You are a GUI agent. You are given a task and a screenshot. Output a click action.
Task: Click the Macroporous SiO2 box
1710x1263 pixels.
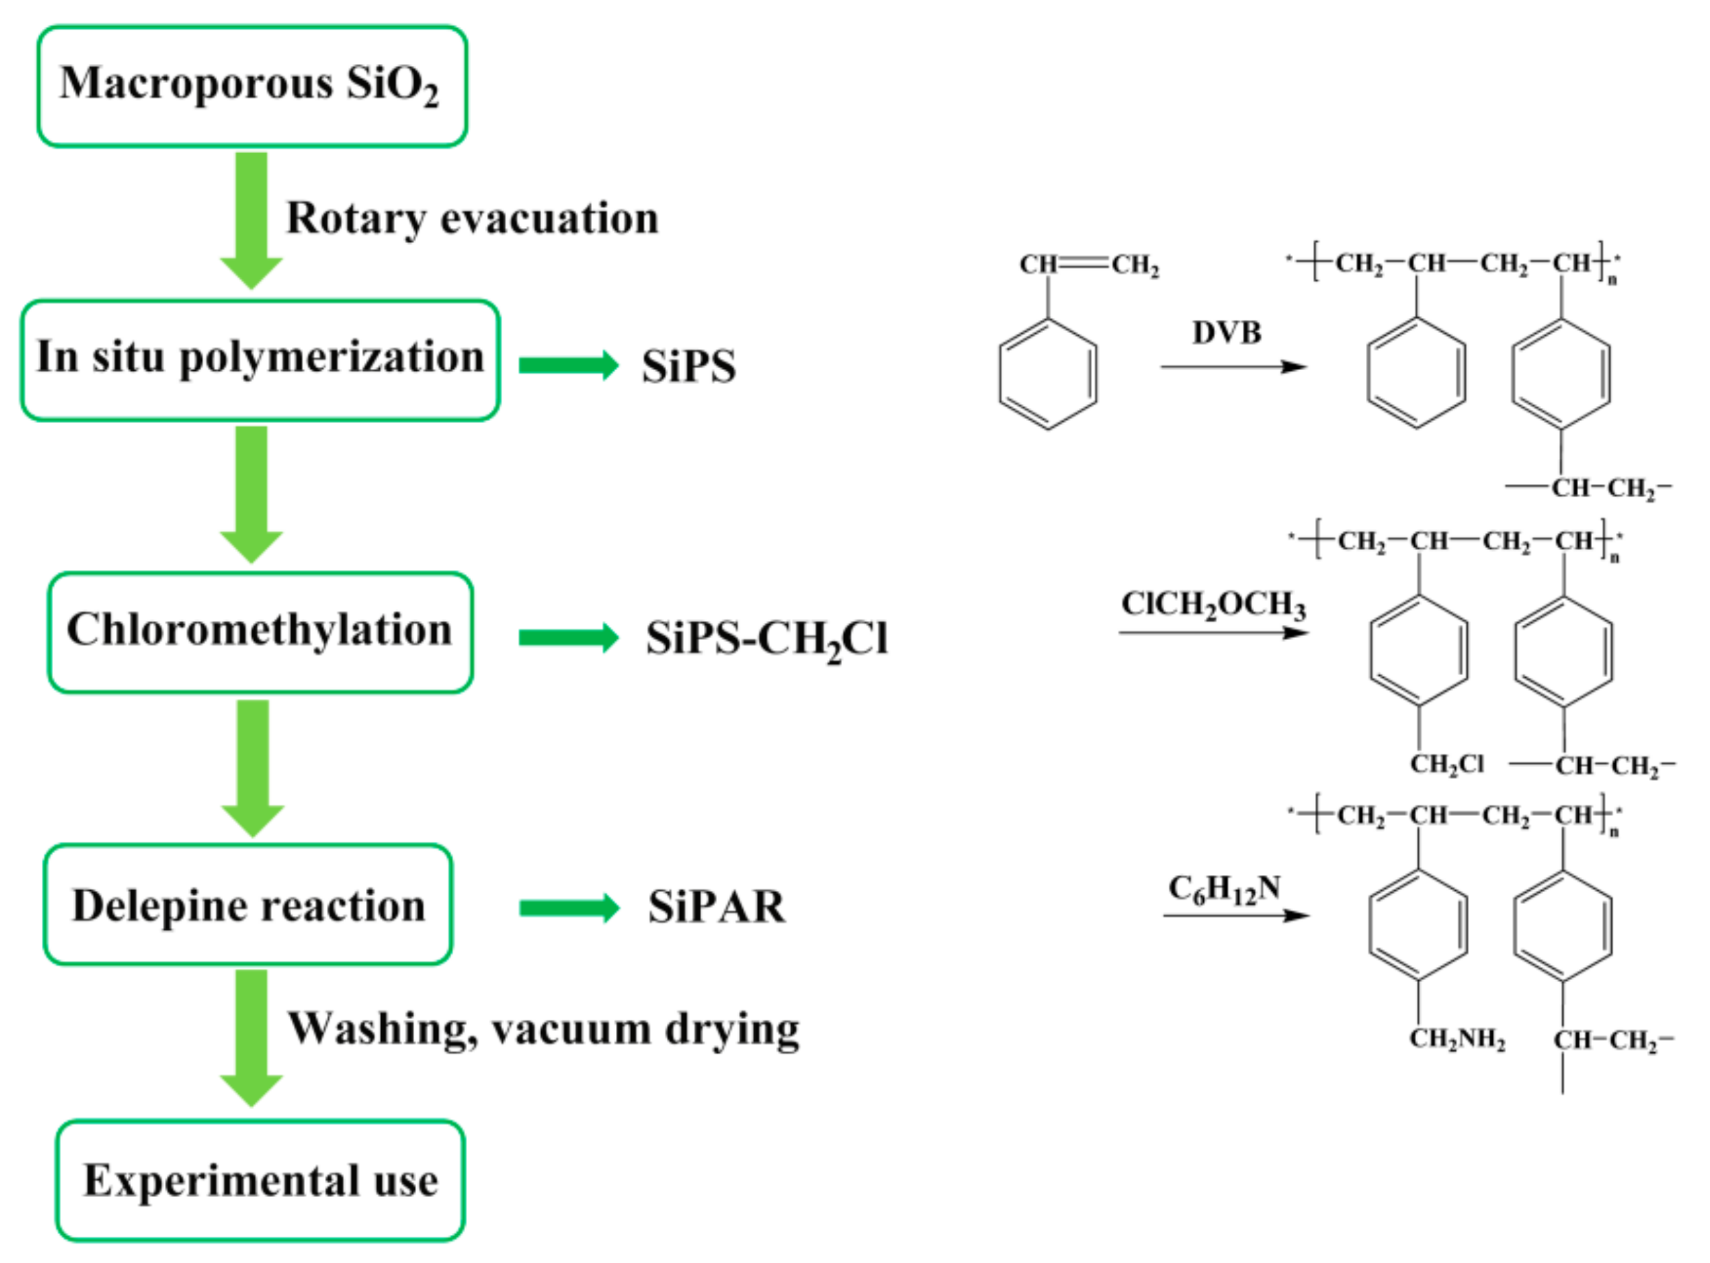(251, 86)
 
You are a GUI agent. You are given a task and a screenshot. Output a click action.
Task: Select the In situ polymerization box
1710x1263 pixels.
(260, 360)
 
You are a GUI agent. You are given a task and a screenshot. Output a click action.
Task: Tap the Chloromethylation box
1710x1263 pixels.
(260, 633)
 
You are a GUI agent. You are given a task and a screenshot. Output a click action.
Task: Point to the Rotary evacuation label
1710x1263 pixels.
(472, 218)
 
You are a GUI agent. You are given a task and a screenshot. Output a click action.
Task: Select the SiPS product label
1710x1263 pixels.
(689, 366)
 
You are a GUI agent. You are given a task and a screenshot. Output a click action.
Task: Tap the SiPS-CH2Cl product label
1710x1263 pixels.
(766, 639)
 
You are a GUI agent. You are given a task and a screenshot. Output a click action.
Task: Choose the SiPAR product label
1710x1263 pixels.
(716, 907)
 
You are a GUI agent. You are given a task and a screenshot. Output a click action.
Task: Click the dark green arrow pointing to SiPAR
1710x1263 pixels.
(569, 907)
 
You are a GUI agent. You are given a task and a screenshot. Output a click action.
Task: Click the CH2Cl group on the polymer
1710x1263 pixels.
(1446, 764)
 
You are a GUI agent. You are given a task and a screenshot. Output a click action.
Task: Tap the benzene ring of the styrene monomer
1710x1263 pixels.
(1047, 374)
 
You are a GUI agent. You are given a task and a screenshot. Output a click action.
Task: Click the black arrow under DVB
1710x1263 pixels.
(1232, 367)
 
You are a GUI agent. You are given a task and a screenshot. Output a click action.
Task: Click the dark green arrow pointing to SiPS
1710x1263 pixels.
(569, 365)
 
